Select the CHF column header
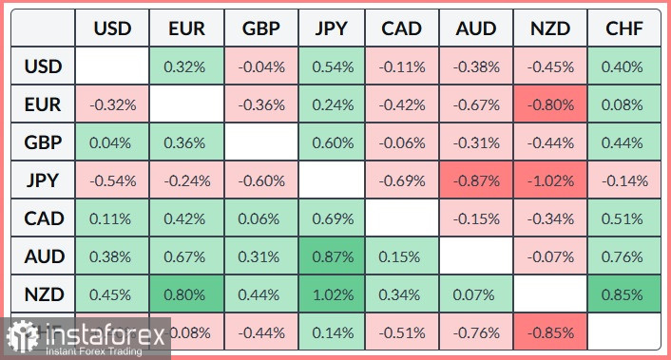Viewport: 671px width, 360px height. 623,29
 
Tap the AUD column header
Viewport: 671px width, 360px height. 476,29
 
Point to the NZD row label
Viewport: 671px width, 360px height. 44,294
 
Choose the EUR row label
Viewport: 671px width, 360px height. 44,105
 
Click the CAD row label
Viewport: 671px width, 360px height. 44,218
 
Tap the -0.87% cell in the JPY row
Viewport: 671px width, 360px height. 476,180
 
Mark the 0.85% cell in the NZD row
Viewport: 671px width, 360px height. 623,294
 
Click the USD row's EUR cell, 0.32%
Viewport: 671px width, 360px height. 185,67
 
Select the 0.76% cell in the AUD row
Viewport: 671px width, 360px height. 623,256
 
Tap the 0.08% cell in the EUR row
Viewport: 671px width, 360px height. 623,105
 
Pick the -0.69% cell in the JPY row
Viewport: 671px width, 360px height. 403,180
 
